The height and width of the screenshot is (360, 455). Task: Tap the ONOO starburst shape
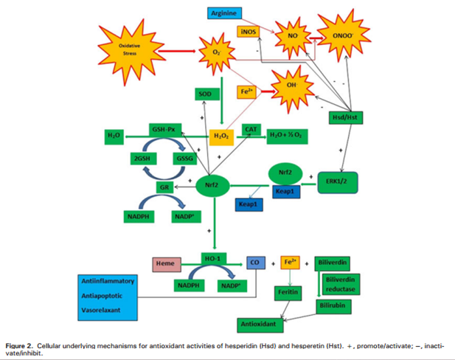(338, 35)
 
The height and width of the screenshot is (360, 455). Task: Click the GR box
(167, 187)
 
